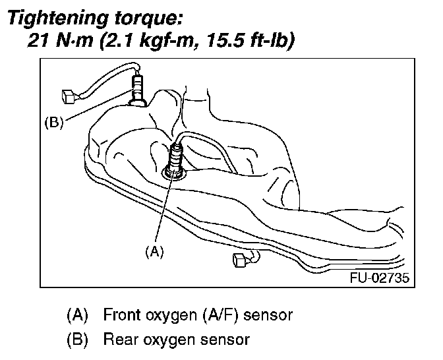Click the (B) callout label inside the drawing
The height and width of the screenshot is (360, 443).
53,123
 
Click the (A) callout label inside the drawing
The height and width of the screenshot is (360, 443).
153,251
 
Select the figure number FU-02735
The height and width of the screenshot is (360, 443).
379,278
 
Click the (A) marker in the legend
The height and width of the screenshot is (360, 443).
78,315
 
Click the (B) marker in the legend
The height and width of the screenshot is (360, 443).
78,340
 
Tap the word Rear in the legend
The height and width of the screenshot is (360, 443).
119,340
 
